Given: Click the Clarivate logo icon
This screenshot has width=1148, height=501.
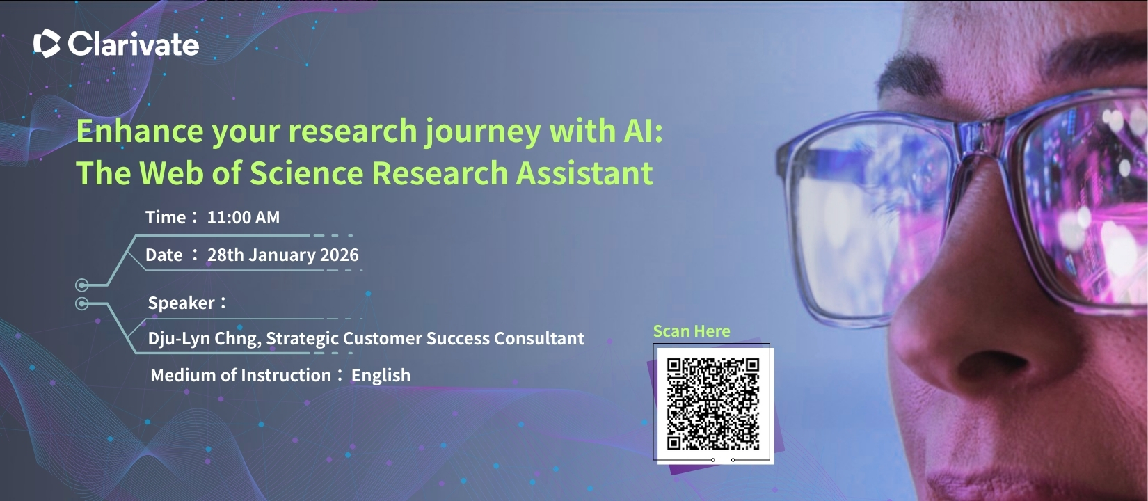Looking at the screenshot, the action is tap(47, 43).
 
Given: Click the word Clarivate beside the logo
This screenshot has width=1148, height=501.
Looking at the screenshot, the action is tap(134, 44).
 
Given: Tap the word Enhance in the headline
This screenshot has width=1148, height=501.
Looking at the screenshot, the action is tap(140, 130).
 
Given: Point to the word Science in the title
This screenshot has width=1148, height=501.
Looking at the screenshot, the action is tap(306, 173).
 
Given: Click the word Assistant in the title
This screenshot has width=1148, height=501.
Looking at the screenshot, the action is tap(584, 173).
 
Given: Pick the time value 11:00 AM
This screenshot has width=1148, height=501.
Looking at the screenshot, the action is tap(244, 217).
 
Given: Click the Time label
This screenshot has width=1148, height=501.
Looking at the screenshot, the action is tap(166, 217).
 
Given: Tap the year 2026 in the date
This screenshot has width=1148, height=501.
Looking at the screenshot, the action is tap(340, 255).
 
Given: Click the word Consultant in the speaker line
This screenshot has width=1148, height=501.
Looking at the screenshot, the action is tap(539, 338).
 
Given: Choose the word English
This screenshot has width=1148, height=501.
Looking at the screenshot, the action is tap(381, 375).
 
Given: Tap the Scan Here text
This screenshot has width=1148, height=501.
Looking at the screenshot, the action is tap(692, 331).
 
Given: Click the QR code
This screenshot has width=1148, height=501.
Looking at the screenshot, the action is tap(713, 404).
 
